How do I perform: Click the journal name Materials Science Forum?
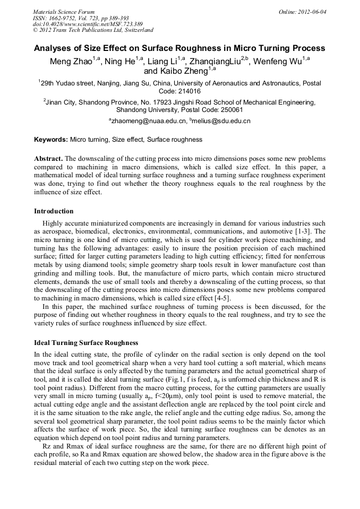click(64, 12)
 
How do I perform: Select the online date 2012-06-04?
click(313, 12)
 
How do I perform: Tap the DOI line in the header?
click(88, 24)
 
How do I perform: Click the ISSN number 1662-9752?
click(66, 18)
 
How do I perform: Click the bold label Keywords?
click(51, 140)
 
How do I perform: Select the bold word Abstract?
click(49, 159)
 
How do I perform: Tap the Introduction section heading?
click(54, 211)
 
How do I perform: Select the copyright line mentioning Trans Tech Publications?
click(93, 30)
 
